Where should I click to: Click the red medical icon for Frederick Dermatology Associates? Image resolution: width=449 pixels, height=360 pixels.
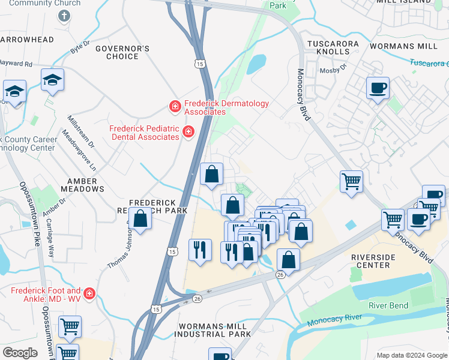click(x=175, y=107)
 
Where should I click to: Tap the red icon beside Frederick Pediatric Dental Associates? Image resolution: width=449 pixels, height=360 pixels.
click(x=188, y=131)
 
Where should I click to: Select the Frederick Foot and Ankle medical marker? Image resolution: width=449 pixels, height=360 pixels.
click(x=89, y=293)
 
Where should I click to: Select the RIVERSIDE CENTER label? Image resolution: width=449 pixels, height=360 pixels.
click(x=373, y=261)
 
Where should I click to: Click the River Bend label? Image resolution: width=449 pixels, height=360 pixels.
click(x=389, y=305)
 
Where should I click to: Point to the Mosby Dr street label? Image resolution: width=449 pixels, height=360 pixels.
click(x=336, y=69)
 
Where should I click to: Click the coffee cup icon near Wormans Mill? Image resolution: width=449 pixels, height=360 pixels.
click(x=378, y=88)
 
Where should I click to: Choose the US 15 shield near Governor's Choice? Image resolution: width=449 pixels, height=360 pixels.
click(x=198, y=63)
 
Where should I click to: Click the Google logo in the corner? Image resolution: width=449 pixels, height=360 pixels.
click(x=20, y=352)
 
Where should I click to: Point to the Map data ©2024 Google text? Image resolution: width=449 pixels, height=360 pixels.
click(x=411, y=355)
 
